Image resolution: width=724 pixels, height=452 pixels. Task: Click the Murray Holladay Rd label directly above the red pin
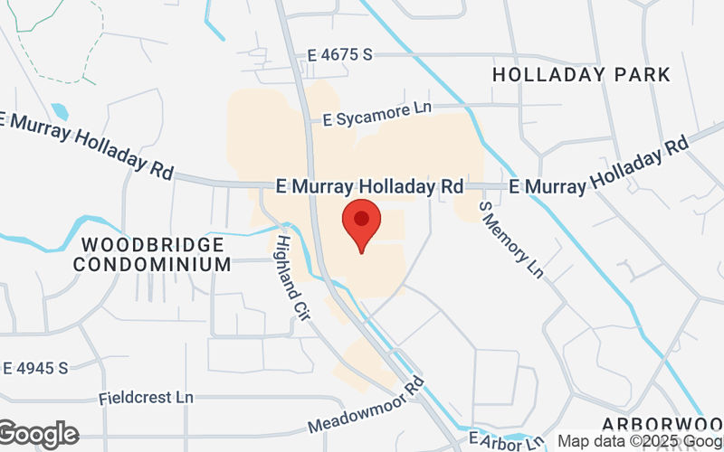pyautogui.click(x=370, y=187)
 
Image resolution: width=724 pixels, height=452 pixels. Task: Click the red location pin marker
pyautogui.click(x=361, y=225)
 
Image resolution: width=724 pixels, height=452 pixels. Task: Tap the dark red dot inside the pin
pyautogui.click(x=361, y=218)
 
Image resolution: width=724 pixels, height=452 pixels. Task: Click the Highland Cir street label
pyautogui.click(x=295, y=274)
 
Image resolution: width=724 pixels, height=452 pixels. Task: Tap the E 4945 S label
pyautogui.click(x=35, y=368)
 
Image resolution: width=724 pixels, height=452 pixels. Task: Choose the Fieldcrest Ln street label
pyautogui.click(x=147, y=398)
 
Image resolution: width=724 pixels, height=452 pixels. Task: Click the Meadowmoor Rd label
pyautogui.click(x=367, y=407)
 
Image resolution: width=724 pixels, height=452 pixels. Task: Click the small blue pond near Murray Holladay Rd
pyautogui.click(x=60, y=112)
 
